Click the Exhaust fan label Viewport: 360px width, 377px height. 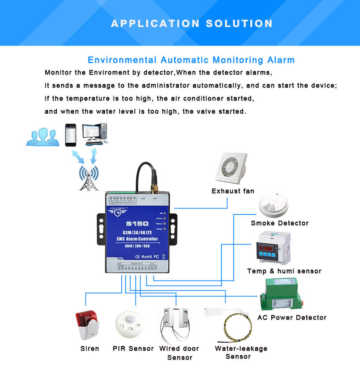point(233,191)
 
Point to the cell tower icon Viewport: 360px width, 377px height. point(89,178)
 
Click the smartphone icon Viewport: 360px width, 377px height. point(71,135)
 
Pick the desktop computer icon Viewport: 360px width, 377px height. point(95,134)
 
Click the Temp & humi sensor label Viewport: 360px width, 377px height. point(284,271)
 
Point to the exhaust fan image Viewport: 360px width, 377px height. point(231,168)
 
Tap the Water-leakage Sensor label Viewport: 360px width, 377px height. point(241,352)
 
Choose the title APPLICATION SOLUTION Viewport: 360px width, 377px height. point(192,23)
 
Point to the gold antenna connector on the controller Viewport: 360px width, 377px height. point(154,183)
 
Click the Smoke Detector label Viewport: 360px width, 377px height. point(280,223)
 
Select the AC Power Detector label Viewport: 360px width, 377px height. point(292,318)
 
